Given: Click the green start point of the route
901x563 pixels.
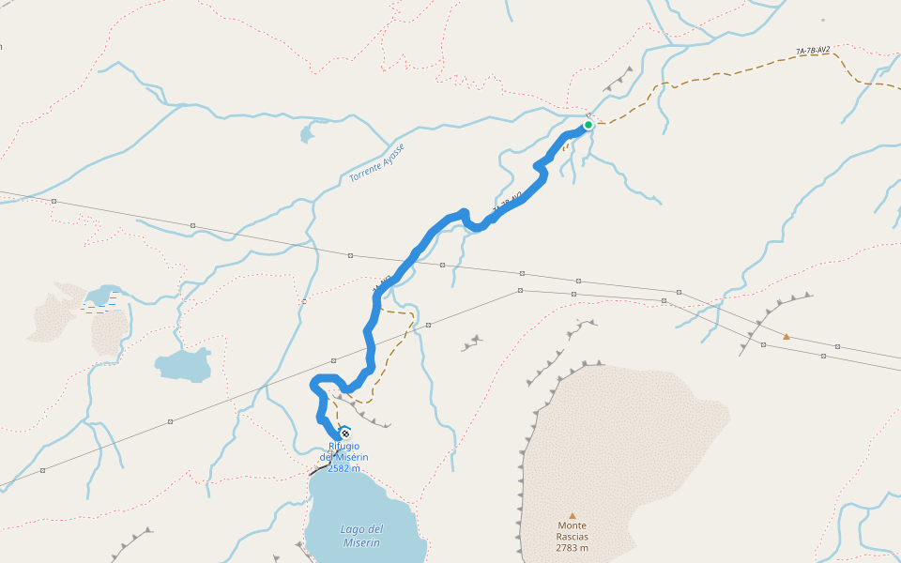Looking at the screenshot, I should pyautogui.click(x=588, y=125).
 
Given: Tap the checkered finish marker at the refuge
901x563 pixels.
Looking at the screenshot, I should pyautogui.click(x=345, y=433).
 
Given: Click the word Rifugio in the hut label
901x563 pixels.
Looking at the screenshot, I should pyautogui.click(x=344, y=446).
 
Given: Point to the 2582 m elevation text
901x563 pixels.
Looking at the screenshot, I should pyautogui.click(x=344, y=468).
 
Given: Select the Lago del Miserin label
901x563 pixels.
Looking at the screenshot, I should pyautogui.click(x=361, y=536).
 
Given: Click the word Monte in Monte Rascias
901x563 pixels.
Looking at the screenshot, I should pyautogui.click(x=572, y=525).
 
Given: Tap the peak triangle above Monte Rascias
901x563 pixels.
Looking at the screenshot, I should pyautogui.click(x=572, y=515).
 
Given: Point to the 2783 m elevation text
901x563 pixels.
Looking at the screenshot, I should pyautogui.click(x=572, y=548).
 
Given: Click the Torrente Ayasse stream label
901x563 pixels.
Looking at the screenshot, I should pyautogui.click(x=377, y=163).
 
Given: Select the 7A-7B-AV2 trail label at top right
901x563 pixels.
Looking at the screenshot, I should pyautogui.click(x=812, y=52).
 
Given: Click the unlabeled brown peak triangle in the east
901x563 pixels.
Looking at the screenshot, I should pyautogui.click(x=786, y=336).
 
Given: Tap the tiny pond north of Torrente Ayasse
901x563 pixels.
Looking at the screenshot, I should pyautogui.click(x=307, y=135).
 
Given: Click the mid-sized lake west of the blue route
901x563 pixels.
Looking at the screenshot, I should pyautogui.click(x=184, y=365).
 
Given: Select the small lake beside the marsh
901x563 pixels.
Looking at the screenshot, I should pyautogui.click(x=102, y=293).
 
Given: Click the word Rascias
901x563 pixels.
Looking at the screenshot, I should pyautogui.click(x=572, y=537).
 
